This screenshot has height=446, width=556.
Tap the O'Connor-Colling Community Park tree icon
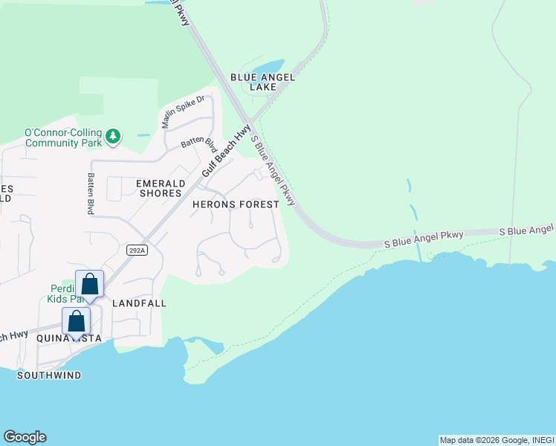[113, 136]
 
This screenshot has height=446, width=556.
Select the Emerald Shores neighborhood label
[159, 187]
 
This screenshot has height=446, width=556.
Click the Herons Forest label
[236, 204]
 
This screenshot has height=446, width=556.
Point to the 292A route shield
[137, 250]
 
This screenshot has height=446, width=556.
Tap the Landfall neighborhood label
[139, 303]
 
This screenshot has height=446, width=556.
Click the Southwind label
[49, 375]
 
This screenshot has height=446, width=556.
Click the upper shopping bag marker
[89, 284]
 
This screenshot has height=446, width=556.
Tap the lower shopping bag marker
[76, 321]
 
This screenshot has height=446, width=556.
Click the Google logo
[25, 437]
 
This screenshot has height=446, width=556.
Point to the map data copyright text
[497, 440]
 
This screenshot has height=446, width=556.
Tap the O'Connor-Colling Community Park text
[62, 138]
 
